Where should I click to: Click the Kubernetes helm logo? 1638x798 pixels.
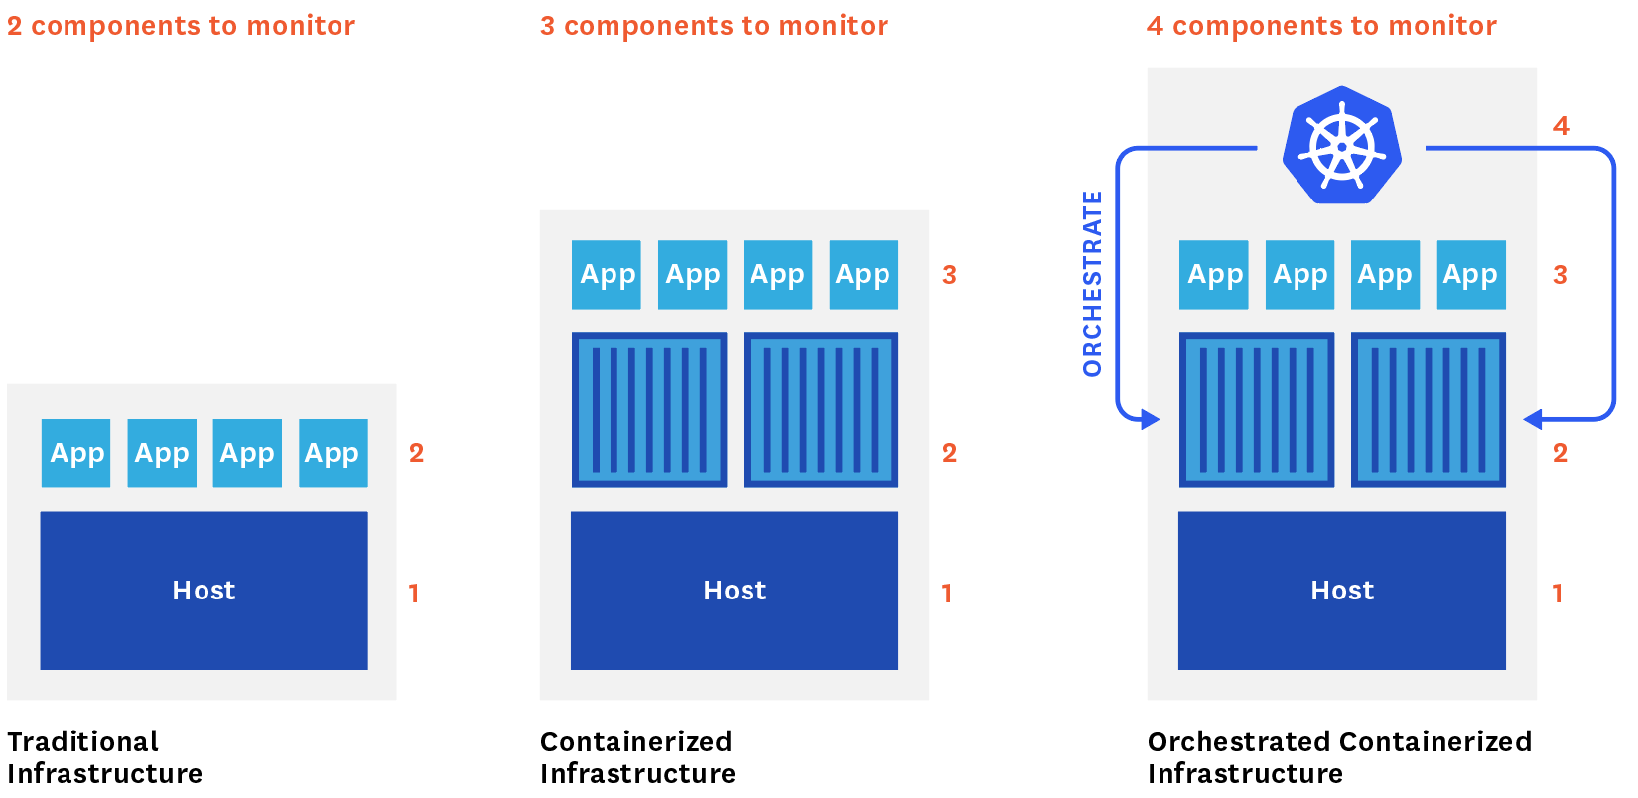pos(1341,146)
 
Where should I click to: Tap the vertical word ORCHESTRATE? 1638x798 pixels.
pos(1092,284)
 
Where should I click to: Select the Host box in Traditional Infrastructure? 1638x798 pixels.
pos(204,591)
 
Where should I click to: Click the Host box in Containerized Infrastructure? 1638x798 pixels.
pos(735,591)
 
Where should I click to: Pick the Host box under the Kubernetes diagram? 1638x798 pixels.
pos(1342,591)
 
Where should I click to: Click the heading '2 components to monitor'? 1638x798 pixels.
pos(181,26)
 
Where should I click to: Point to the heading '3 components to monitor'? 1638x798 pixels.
pos(714,26)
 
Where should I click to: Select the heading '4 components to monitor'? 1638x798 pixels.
pos(1321,26)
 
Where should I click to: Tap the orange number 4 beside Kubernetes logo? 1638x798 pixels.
pos(1561,126)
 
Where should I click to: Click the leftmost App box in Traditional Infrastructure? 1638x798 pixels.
pos(76,454)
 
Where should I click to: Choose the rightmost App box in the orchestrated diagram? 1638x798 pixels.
pos(1470,275)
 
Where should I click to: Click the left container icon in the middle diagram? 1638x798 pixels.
pos(649,410)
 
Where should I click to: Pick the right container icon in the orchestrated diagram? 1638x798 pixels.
pos(1429,410)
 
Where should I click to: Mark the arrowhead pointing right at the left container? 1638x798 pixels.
pos(1151,419)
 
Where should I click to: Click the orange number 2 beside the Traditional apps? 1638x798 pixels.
pos(416,453)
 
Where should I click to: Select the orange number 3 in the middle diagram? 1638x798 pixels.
pos(949,275)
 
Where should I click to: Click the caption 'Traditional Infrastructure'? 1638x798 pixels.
pos(104,757)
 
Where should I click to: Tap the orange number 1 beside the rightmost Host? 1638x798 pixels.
pos(1557,594)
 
